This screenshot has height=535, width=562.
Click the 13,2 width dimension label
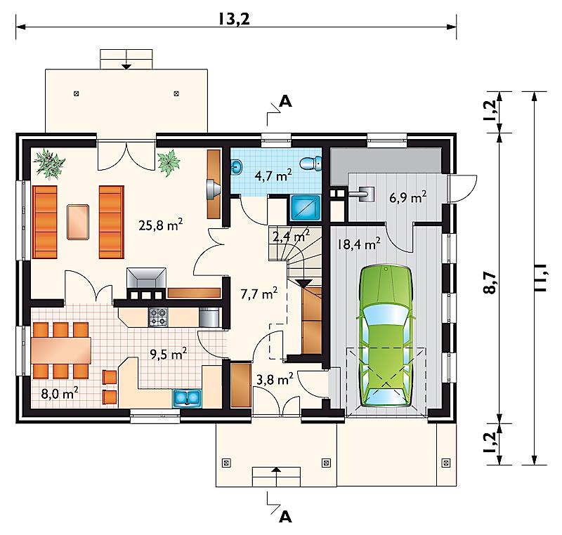234,19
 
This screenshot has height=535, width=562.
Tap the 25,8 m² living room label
161,225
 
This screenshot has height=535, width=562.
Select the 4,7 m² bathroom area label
273,175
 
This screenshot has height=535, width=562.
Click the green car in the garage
386,336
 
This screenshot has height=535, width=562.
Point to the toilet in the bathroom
311,164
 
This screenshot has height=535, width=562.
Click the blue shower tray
305,207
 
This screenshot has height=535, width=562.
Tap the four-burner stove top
159,317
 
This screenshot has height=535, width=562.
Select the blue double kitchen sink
188,398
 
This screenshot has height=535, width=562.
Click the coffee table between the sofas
78,222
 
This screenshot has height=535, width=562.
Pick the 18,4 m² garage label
358,244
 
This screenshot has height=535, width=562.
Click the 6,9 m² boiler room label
408,197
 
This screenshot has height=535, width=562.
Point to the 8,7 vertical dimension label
490,282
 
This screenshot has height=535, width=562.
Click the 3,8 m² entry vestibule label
275,379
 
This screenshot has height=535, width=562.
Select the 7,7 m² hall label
259,293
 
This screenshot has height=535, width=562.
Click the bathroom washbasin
237,166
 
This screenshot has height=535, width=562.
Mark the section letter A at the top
285,101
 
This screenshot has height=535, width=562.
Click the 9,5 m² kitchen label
168,354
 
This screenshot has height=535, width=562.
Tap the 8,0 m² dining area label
60,393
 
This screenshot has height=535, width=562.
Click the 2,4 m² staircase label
292,237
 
